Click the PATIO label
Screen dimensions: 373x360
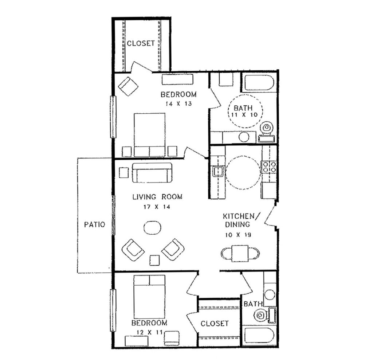[94, 224]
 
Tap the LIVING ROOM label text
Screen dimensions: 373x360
[157, 197]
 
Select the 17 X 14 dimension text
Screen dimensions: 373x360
[157, 207]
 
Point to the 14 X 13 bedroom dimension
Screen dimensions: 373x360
[178, 104]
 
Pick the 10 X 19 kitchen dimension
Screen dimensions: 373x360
[238, 235]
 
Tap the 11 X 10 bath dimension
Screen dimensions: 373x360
[244, 114]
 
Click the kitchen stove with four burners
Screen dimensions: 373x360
[269, 167]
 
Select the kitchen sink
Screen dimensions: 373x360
[217, 171]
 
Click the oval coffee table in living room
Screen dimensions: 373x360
[153, 227]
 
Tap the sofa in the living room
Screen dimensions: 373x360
[152, 173]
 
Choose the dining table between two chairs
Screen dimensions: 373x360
[240, 253]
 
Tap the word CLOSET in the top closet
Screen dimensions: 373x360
[141, 43]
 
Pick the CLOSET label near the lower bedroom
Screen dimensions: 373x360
[215, 323]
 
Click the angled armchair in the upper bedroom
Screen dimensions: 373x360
[129, 86]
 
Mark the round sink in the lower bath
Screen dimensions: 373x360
[270, 294]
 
